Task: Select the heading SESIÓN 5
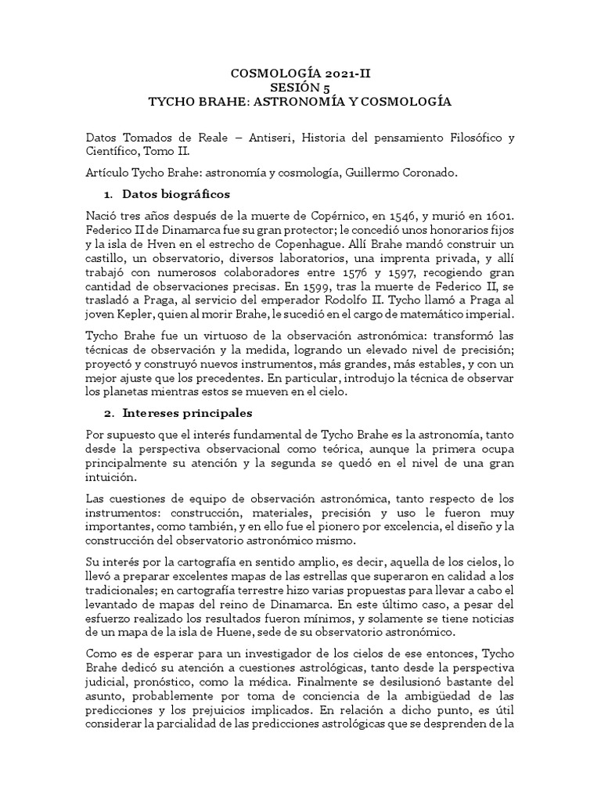coord(300,88)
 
